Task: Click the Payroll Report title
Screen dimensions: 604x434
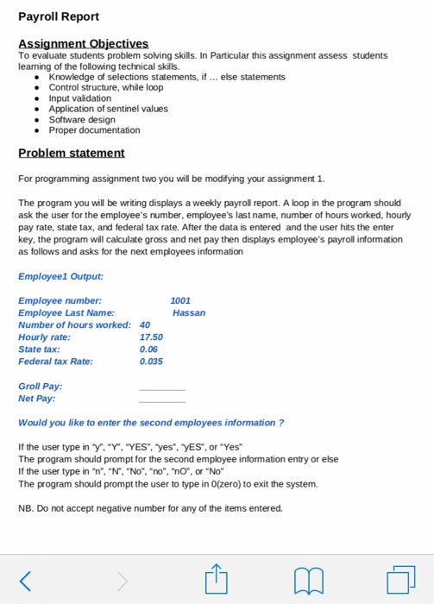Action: point(59,16)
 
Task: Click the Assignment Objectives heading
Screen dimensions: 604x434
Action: point(83,43)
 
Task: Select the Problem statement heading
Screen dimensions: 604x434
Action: point(72,153)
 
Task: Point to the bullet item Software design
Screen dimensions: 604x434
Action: point(82,120)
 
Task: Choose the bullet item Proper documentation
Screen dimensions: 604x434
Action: point(94,130)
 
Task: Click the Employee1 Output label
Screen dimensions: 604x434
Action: point(60,276)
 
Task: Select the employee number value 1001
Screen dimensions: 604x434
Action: point(181,300)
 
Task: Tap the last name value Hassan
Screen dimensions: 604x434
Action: point(189,312)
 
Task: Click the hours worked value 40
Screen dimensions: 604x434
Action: point(145,324)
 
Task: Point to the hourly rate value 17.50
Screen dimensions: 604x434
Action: point(151,337)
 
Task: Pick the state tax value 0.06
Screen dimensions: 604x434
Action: point(148,349)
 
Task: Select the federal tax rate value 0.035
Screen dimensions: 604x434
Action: point(151,361)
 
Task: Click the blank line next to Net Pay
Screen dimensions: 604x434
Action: point(162,400)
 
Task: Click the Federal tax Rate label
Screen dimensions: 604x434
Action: point(55,361)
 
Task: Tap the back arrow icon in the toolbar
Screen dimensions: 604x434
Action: point(26,580)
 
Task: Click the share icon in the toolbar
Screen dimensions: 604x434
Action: point(215,579)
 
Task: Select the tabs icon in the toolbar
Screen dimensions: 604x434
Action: point(400,580)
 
